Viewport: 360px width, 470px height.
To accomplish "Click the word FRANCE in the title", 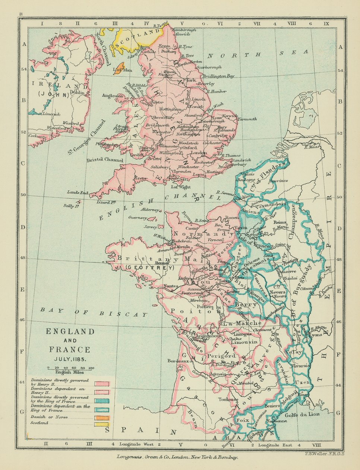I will click(x=70, y=350).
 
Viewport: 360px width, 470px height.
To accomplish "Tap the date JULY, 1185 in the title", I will click(x=70, y=360).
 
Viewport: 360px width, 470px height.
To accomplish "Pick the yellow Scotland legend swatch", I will click(x=101, y=424).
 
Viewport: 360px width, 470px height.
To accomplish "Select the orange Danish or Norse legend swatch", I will click(x=101, y=417).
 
